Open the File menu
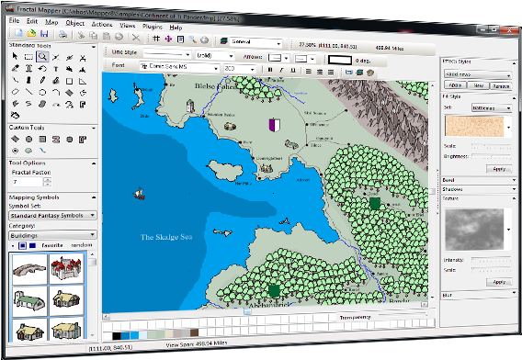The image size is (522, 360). [x=14, y=19]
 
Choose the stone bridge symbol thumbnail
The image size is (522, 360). [x=25, y=267]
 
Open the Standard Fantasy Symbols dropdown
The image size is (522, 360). [x=51, y=217]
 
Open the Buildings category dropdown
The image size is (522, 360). [x=51, y=235]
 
